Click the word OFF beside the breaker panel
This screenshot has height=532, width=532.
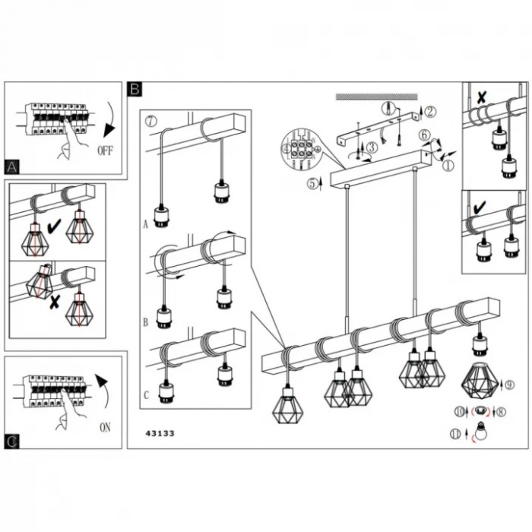coord(105,150)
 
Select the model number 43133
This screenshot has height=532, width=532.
coord(160,434)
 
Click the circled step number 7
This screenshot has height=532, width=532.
coord(150,121)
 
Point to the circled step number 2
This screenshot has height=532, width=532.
coord(431,112)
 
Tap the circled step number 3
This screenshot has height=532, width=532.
coord(371,147)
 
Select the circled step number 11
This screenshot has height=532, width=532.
coord(454,434)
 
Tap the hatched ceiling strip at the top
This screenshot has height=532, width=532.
coord(377,97)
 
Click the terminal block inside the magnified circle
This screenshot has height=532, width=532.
coord(299,147)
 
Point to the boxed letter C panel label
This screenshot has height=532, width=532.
coord(12,441)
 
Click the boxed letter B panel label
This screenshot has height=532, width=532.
coord(135,89)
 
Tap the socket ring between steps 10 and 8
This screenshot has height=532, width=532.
coord(479,412)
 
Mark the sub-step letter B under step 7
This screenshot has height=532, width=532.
coord(144,321)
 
